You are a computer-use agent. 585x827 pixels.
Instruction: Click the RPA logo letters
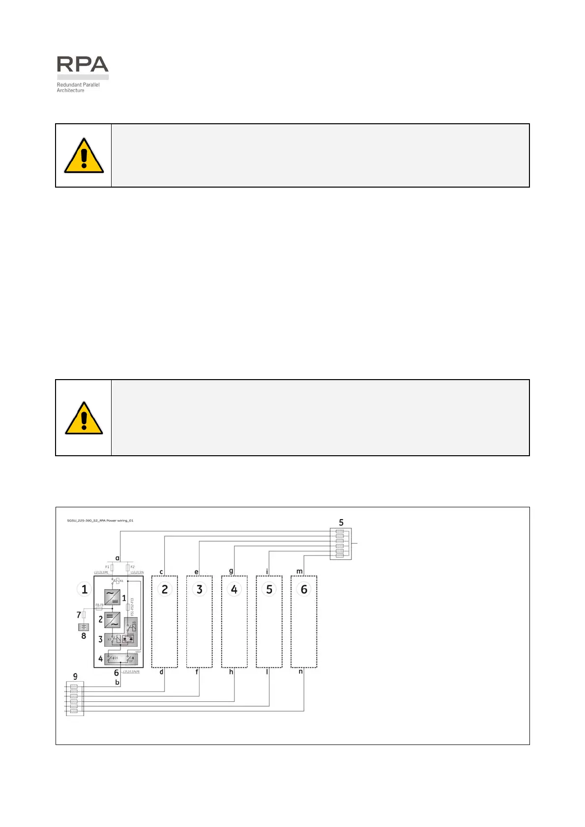pos(83,64)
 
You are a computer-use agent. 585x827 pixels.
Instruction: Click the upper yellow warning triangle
pos(84,156)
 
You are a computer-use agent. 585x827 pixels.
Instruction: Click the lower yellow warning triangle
pos(84,418)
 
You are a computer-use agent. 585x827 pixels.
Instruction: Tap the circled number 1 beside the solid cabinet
pos(85,589)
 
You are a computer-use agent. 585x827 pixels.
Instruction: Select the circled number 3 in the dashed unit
pos(200,589)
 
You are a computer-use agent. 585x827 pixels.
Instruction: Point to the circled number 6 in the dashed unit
pos(304,589)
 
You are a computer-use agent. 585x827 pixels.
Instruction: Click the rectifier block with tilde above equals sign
pos(112,597)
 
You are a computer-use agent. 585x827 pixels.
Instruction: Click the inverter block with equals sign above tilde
pos(112,619)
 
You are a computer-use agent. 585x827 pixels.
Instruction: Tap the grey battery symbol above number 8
pos(84,627)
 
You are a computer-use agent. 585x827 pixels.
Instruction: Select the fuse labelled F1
pos(112,567)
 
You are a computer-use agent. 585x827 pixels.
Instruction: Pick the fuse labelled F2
pos(127,567)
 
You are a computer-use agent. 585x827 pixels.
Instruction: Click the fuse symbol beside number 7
pos(84,614)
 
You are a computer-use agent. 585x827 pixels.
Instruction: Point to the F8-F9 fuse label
pos(99,605)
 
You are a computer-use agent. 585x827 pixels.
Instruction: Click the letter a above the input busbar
pos(117,558)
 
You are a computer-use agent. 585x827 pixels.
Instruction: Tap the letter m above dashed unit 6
pos(299,571)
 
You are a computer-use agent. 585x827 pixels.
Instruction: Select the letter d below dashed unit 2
pos(161,672)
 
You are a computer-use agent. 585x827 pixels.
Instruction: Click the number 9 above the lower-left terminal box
pos(75,676)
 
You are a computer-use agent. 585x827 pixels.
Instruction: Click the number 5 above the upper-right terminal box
pos(341,523)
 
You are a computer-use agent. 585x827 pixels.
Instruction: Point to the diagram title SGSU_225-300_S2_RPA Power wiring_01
pos(100,521)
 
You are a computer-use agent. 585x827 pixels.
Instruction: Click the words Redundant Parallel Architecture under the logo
pos(78,87)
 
